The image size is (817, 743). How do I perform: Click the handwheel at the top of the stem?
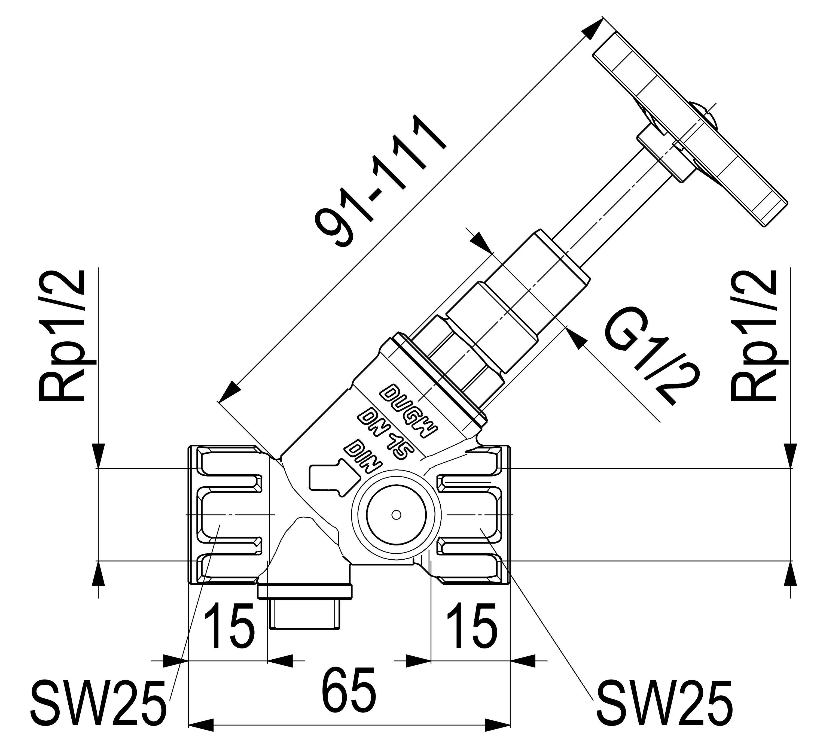point(689,130)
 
